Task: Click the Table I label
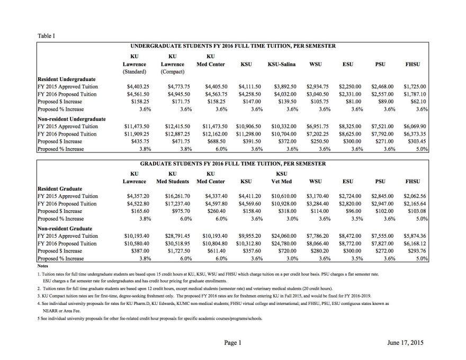coord(47,36)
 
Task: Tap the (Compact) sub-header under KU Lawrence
coord(172,71)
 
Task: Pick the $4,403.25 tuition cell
coord(139,86)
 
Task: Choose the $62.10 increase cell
coord(417,101)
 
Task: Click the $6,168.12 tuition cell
coord(415,243)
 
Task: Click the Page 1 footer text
coord(232,343)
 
